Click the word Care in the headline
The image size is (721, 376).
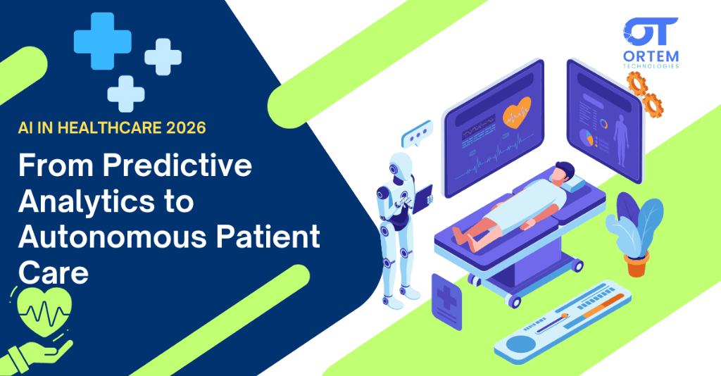(53, 272)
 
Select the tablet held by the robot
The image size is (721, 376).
(423, 200)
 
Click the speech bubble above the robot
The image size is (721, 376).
(415, 134)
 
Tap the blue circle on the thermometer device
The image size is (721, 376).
(520, 344)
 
